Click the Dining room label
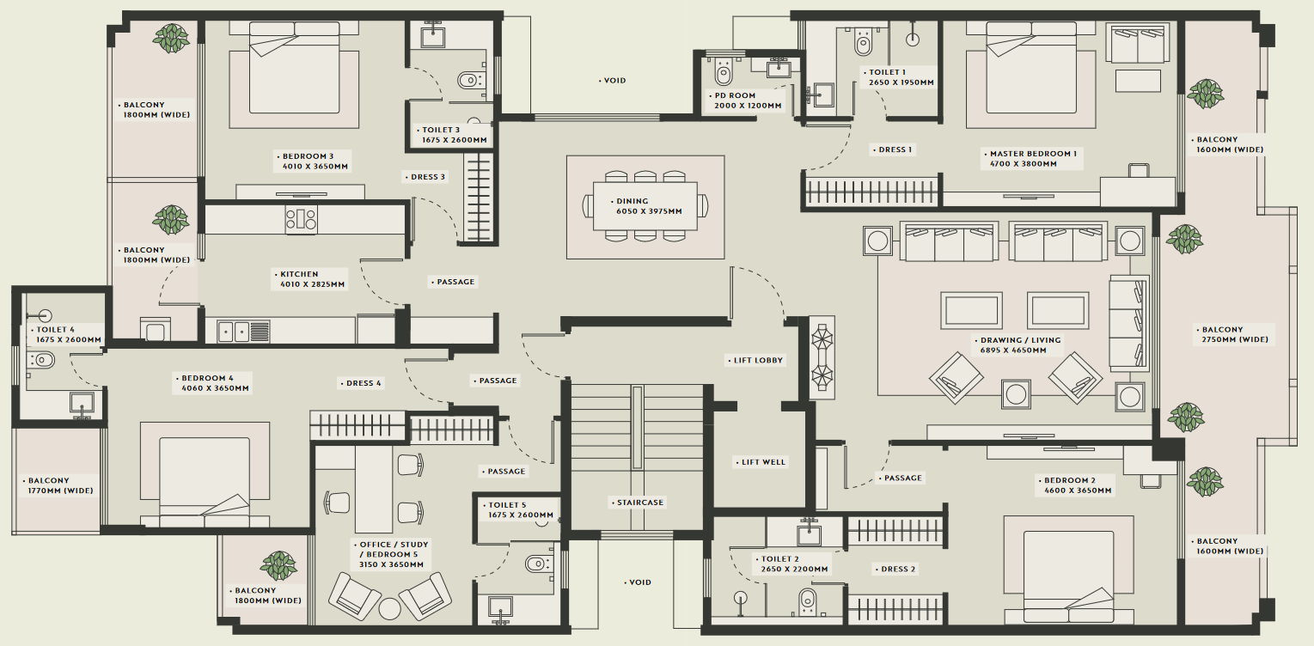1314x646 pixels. tap(633, 201)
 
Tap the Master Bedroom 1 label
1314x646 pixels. tap(1033, 154)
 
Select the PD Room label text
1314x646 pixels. tap(735, 95)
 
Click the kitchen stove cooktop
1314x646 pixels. tap(302, 219)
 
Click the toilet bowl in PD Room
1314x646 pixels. tap(724, 72)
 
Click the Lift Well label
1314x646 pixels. tap(763, 462)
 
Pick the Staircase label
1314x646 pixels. tap(640, 503)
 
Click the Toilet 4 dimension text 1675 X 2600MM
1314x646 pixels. tap(69, 339)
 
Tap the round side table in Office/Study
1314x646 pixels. tap(389, 608)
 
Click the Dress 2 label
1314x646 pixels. tap(898, 569)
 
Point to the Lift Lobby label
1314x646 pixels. tap(759, 361)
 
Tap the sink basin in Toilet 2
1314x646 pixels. tap(809, 534)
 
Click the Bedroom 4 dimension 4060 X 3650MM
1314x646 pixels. tap(215, 388)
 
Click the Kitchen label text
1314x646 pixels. tap(299, 274)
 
